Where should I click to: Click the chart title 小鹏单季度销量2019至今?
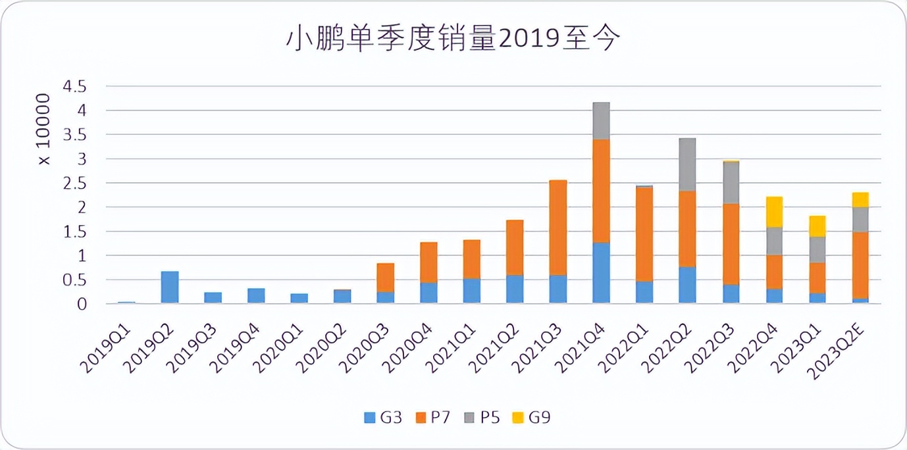453,39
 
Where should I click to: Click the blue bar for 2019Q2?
170,287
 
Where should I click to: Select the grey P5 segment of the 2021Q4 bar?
601,121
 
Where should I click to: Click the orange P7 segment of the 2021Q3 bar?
558,228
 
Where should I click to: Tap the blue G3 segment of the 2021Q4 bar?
601,273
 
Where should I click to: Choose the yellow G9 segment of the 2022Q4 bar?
774,212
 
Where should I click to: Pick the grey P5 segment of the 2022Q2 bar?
687,164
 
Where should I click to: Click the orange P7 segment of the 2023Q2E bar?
860,265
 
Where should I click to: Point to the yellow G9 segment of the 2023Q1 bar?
817,226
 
